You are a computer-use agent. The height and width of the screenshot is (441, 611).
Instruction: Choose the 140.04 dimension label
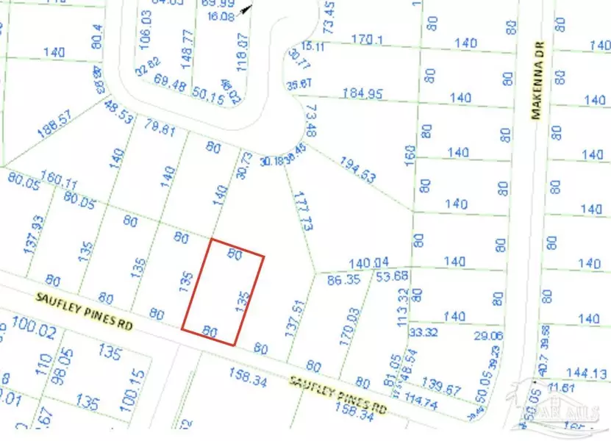[368, 262]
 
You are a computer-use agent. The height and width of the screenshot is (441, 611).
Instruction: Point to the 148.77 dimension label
[188, 46]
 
